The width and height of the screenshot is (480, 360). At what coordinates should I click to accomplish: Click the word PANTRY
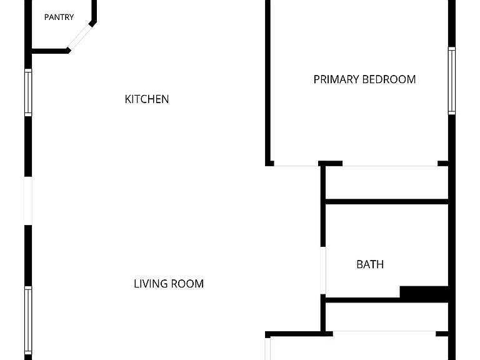59,17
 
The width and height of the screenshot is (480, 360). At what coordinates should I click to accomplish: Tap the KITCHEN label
147,99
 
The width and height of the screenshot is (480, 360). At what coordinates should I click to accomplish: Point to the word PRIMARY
336,79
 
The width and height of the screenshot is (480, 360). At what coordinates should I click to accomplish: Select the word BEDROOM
389,79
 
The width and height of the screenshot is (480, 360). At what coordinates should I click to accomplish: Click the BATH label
370,264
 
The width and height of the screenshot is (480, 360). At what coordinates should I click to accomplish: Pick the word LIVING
150,284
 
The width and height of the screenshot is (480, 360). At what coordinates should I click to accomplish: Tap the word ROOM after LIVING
187,284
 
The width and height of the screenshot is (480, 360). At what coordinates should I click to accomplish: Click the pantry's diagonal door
80,37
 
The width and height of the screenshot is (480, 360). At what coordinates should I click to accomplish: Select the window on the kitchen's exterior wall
28,92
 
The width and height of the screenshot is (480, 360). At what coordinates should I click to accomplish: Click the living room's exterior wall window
28,321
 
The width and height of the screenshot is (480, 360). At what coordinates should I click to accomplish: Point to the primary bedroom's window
452,81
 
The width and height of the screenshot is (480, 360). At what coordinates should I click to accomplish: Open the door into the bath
323,271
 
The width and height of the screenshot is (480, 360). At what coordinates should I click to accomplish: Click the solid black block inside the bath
424,292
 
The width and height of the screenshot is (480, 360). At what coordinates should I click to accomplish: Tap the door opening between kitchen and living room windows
28,201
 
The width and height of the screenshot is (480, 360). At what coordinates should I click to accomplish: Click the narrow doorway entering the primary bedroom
296,166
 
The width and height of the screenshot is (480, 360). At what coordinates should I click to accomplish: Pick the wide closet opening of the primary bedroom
390,166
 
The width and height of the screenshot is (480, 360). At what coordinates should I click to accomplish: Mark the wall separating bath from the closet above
387,202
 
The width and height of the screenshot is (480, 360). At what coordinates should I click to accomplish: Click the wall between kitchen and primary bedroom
267,82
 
